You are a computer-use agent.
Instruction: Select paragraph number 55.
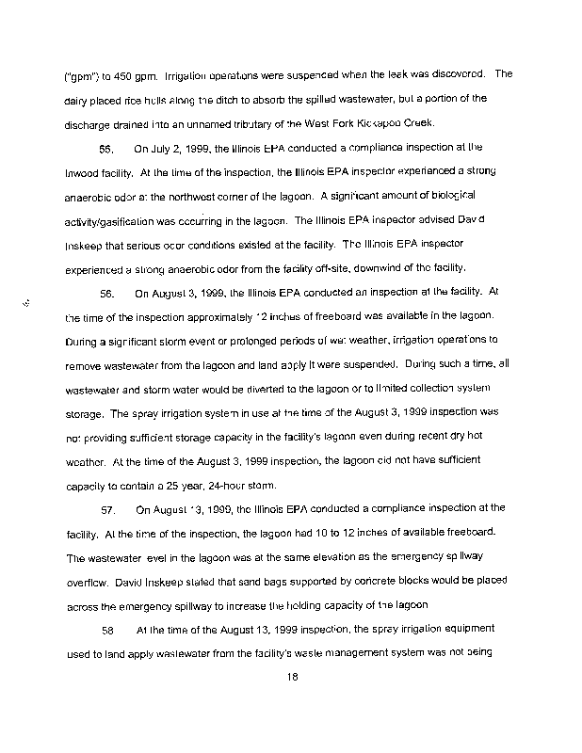tap(105, 148)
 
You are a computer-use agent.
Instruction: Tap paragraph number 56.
tap(106, 292)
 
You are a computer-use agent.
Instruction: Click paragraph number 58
tap(106, 628)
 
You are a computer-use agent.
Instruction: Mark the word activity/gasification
tap(115, 219)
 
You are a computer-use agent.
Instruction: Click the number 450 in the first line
tap(111, 74)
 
